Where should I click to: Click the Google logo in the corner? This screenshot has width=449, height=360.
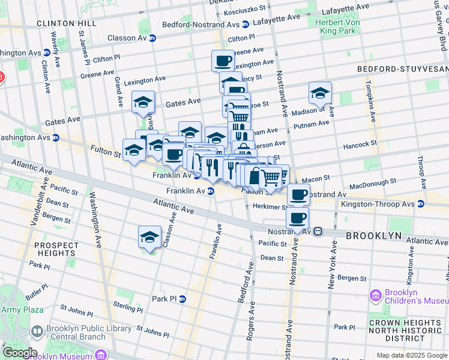(19, 353)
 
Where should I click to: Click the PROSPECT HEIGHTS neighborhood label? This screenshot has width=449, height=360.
(56, 250)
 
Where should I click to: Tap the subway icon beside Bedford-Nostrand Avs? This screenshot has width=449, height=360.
(246, 25)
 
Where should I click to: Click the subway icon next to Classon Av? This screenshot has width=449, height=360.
(152, 38)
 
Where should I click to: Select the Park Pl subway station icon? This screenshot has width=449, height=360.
(182, 299)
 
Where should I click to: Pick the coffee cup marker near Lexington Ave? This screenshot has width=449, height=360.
(223, 60)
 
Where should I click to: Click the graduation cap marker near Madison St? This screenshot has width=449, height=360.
(320, 92)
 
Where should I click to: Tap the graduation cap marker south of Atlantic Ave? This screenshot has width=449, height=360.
(149, 236)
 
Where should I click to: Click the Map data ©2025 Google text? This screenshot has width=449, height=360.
(411, 355)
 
